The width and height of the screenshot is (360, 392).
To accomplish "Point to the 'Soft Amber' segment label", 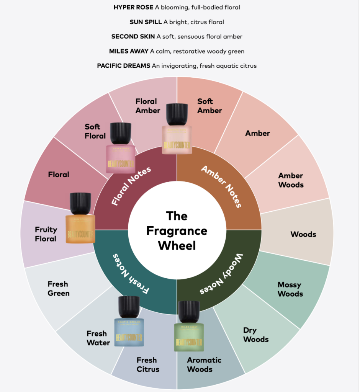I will pyautogui.click(x=209, y=106).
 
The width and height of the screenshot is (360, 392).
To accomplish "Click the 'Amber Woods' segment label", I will pyautogui.click(x=291, y=180).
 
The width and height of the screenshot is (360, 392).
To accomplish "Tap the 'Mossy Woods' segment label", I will pyautogui.click(x=290, y=289).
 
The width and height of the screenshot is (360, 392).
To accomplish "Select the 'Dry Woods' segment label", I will pyautogui.click(x=256, y=335).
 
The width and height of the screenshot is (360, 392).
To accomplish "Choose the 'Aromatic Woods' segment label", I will pyautogui.click(x=204, y=364).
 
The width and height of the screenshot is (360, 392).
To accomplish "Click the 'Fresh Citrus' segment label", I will pyautogui.click(x=147, y=364).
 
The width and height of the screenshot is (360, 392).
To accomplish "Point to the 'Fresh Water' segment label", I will pyautogui.click(x=98, y=338).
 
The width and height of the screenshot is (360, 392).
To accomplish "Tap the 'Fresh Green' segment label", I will pyautogui.click(x=59, y=289).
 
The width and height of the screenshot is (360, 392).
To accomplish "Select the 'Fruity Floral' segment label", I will pyautogui.click(x=46, y=234).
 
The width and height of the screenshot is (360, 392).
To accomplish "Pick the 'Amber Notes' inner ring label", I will pyautogui.click(x=221, y=186).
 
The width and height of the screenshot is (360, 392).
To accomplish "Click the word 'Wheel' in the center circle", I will pyautogui.click(x=177, y=245).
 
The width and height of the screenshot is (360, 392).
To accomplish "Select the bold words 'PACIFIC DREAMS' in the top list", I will pyautogui.click(x=124, y=65).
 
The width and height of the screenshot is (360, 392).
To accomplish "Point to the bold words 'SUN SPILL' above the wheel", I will pyautogui.click(x=146, y=22).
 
